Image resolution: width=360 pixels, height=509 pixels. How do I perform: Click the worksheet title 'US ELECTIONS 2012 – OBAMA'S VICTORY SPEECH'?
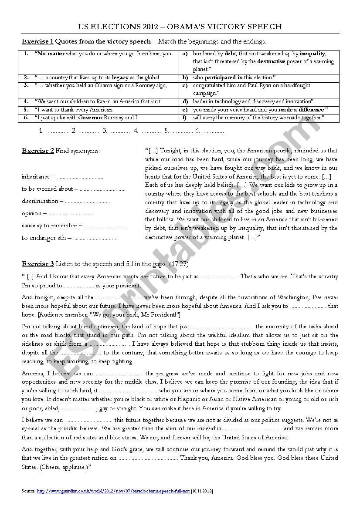pyautogui.click(x=180, y=27)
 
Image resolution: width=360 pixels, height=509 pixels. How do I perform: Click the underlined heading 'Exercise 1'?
pyautogui.click(x=37, y=42)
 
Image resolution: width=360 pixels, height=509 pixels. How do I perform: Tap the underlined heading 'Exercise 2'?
pyautogui.click(x=38, y=151)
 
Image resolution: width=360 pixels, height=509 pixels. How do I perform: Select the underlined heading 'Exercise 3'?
pyautogui.click(x=38, y=264)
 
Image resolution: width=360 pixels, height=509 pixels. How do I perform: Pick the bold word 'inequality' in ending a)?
pyautogui.click(x=312, y=54)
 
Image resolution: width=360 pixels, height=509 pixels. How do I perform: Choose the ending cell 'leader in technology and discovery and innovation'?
pyautogui.click(x=253, y=101)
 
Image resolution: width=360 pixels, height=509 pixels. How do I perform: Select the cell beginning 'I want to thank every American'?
pyautogui.click(x=74, y=110)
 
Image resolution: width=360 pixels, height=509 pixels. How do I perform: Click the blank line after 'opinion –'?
pyautogui.click(x=71, y=214)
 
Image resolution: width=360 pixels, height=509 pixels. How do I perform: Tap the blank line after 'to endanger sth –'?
pyautogui.click(x=95, y=239)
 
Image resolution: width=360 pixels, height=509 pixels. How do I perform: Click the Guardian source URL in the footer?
pyautogui.click(x=113, y=491)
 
